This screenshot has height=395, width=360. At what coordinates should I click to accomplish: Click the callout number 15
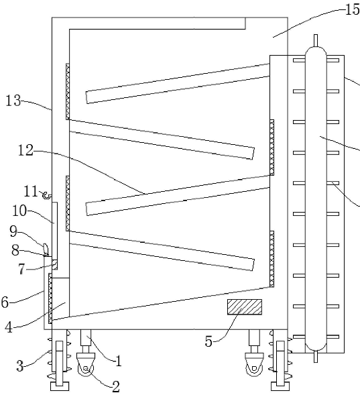pos(353,9)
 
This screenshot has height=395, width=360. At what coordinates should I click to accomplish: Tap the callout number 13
pos(13,101)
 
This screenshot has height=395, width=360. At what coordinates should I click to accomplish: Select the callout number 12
pos(25,151)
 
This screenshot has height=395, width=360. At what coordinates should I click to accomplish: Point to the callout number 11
pos(31,191)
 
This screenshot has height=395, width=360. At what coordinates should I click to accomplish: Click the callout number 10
pos(19,211)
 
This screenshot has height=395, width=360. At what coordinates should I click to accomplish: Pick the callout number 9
pos(13,231)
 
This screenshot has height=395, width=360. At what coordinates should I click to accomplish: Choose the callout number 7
pos(21,269)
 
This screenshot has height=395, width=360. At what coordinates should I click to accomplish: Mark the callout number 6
pos(5,302)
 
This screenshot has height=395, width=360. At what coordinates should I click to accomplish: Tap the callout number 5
pos(208,341)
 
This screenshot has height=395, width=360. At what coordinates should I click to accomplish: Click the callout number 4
pos(9,327)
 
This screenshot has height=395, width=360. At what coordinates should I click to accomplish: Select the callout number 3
pos(20,365)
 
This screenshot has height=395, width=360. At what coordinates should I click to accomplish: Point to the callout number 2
pos(115,386)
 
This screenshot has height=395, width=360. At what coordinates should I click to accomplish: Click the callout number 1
pos(118,361)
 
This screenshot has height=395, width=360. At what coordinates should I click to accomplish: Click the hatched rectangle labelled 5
pos(245,307)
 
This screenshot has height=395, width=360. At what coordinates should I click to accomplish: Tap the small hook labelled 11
pos(46,195)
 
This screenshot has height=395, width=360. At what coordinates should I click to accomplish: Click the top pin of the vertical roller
pos(316,40)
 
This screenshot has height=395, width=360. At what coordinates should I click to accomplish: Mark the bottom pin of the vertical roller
pos(316,357)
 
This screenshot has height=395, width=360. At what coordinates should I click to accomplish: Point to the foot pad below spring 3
pos(60,386)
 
